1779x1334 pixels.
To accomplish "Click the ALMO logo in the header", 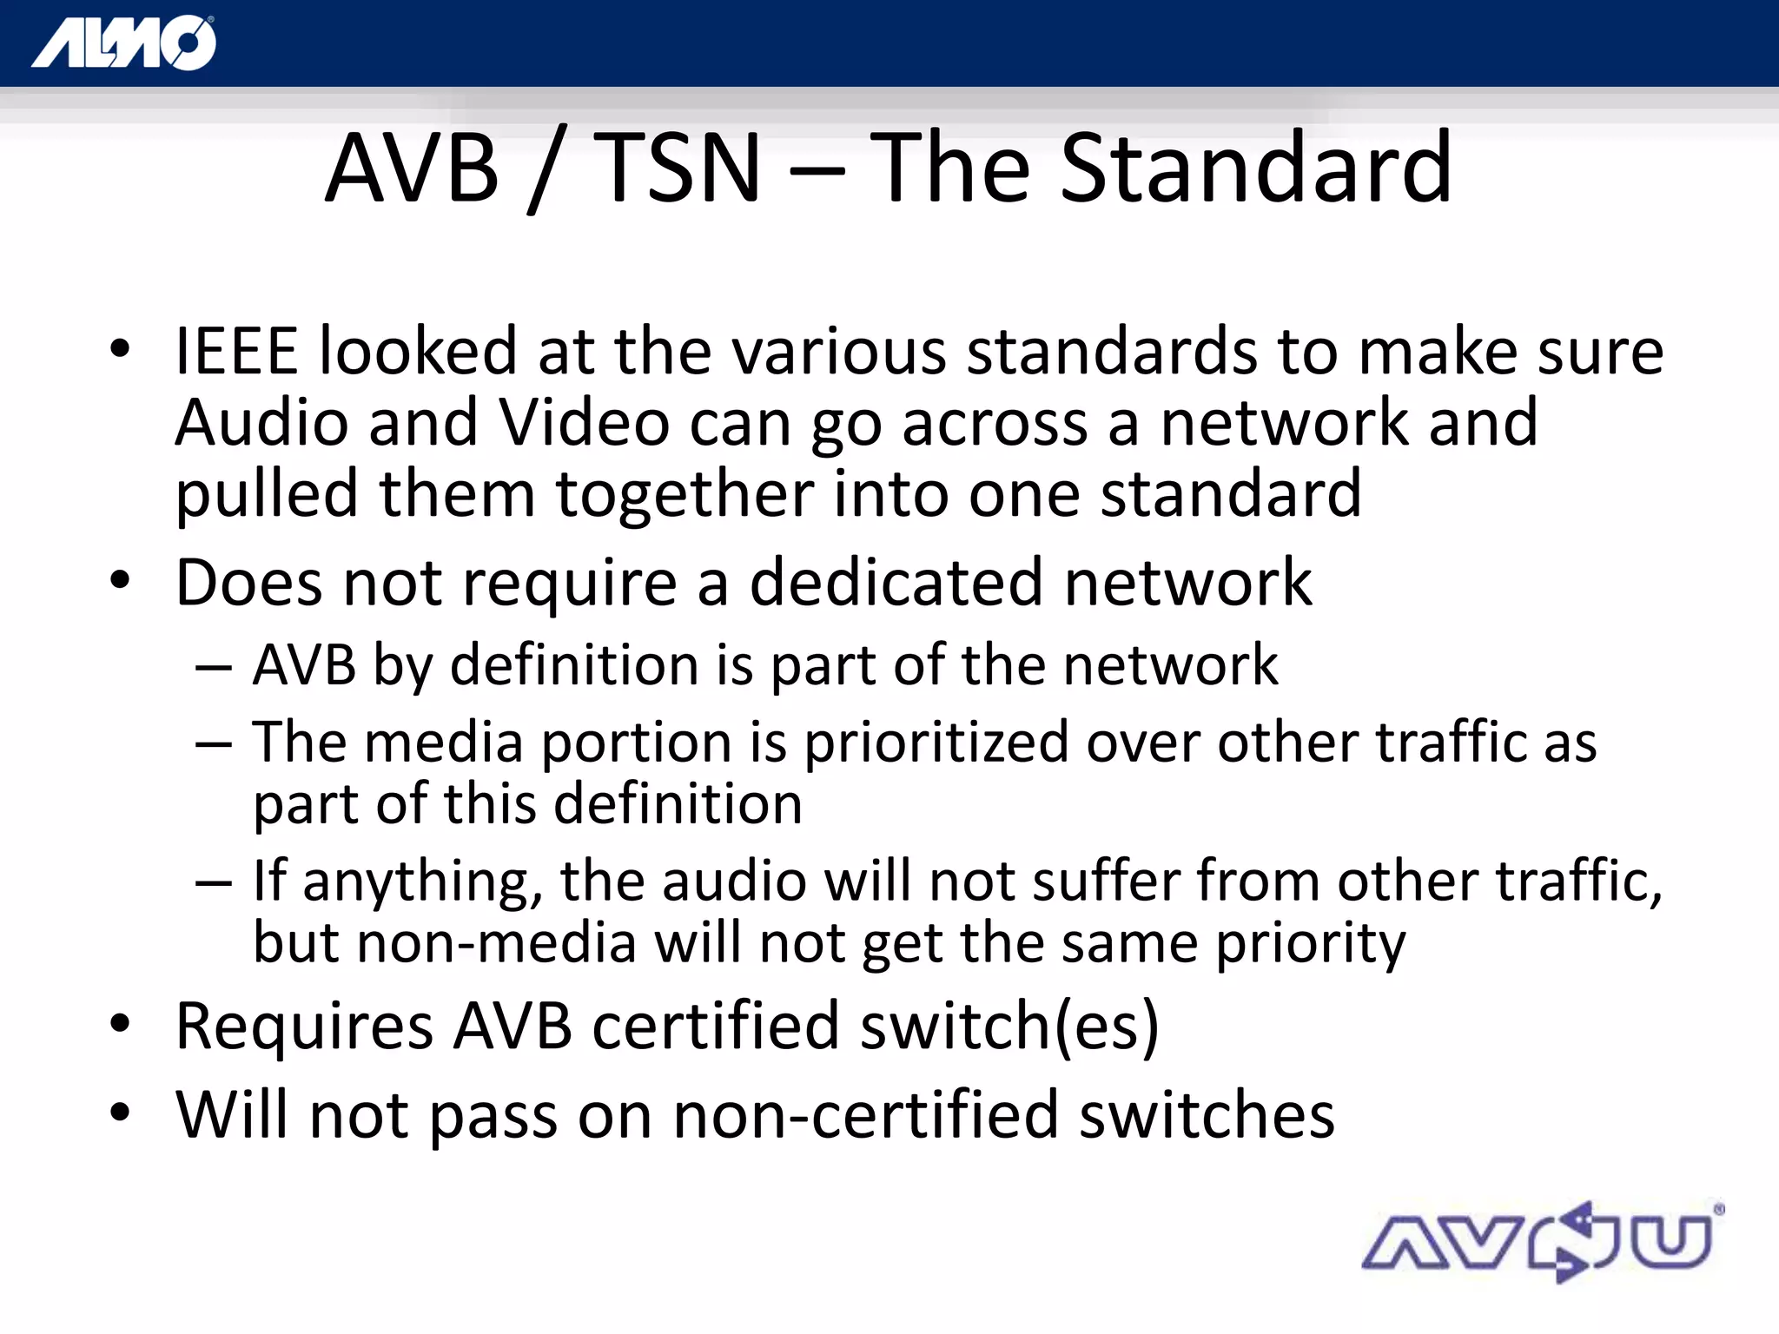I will point(124,43).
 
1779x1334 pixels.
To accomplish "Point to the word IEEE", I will point(236,352).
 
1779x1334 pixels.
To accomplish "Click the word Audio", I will point(261,423).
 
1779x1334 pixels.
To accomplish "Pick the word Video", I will point(584,423).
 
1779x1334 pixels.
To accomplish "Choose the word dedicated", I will point(896,583).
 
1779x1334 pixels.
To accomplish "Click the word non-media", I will point(496,943).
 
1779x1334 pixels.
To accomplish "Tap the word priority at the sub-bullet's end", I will point(1310,945).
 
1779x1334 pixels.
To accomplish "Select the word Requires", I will point(304,1027).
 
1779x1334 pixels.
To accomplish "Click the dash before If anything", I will point(214,882).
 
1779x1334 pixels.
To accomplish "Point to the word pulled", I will point(267,496).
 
